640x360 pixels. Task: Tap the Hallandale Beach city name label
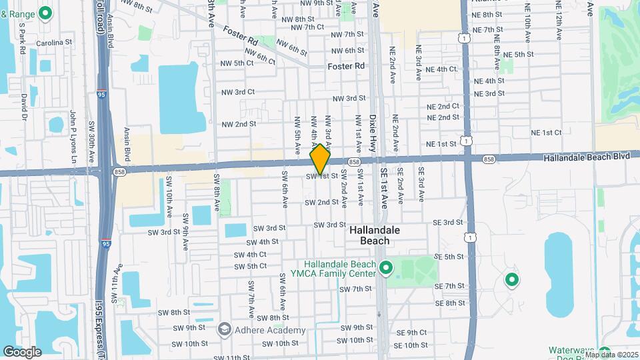(375, 235)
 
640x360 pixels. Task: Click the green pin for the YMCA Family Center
(385, 269)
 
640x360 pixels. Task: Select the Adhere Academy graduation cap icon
(225, 329)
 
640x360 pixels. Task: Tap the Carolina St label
(54, 42)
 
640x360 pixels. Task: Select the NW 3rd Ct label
(238, 91)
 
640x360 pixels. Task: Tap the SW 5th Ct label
(247, 266)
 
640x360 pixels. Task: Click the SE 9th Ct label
(411, 333)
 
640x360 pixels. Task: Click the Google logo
(22, 351)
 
